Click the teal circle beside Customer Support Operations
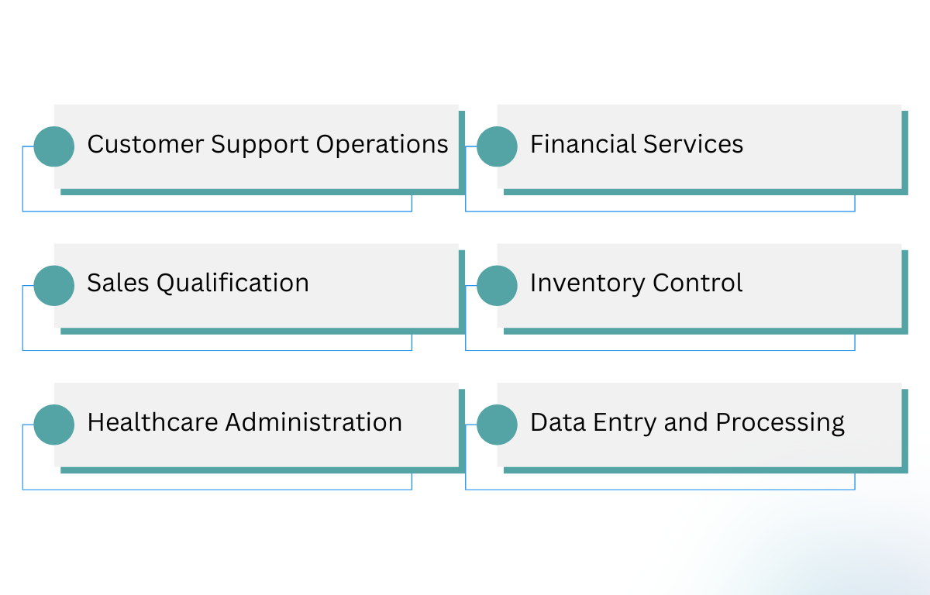click(x=54, y=146)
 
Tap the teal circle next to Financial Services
click(x=497, y=146)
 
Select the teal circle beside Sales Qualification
click(x=54, y=285)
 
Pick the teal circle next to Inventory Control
click(x=497, y=285)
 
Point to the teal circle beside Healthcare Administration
click(x=54, y=425)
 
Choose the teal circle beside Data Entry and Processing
click(x=497, y=425)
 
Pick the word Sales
click(x=118, y=283)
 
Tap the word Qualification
click(x=232, y=284)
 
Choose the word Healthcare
click(x=153, y=422)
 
